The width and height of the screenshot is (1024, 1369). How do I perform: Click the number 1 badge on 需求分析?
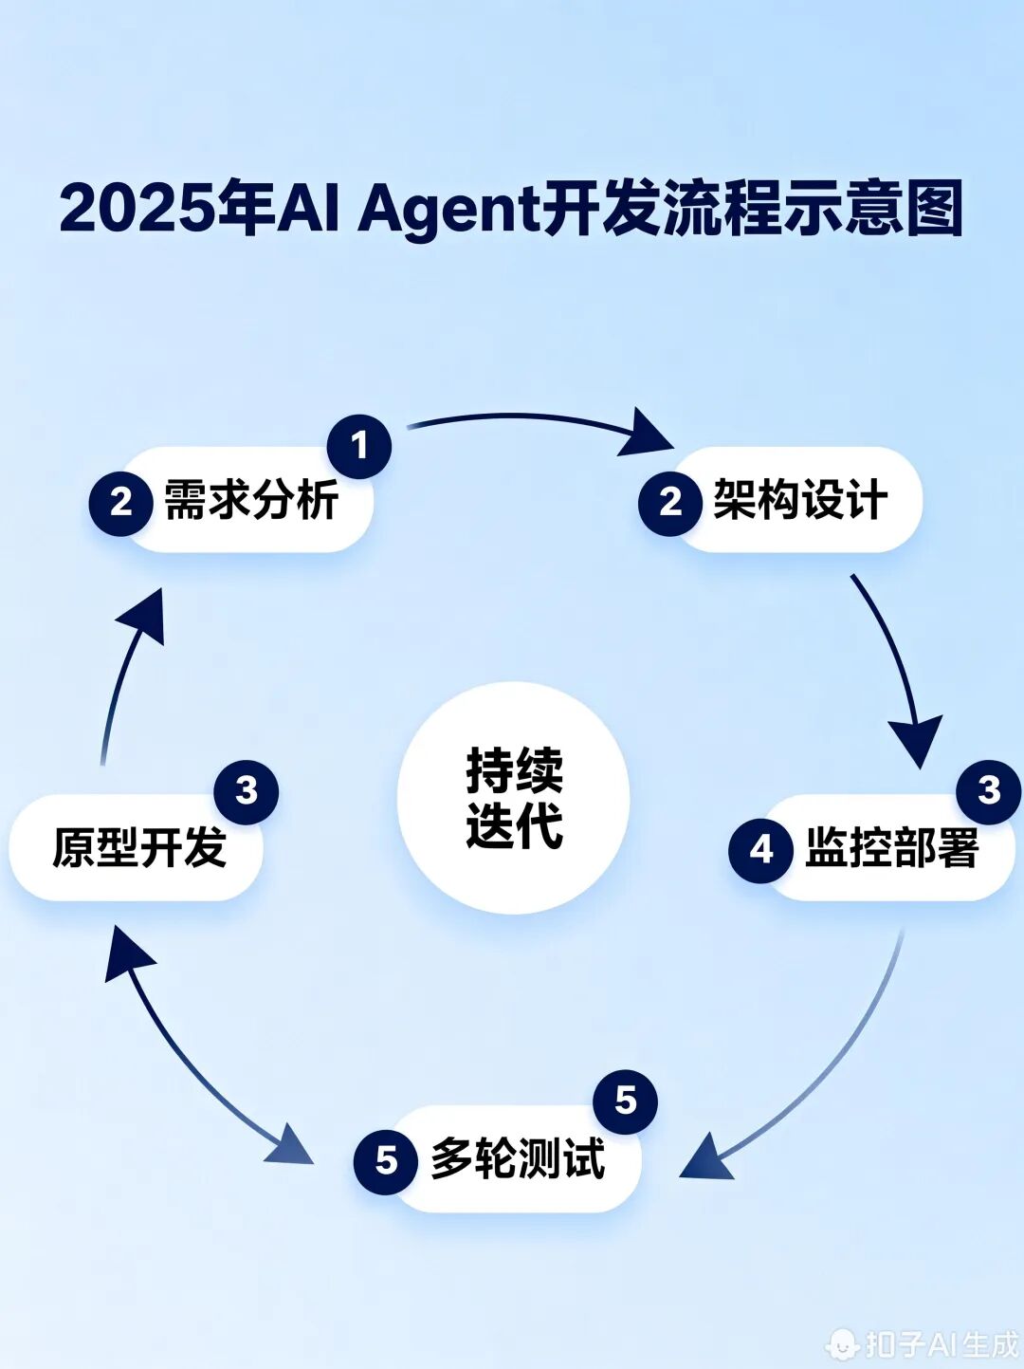tap(359, 446)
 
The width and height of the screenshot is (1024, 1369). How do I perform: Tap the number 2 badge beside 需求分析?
tap(121, 503)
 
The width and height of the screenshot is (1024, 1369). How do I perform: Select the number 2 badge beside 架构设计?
tap(670, 503)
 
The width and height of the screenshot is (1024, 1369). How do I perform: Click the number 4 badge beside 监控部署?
tap(761, 850)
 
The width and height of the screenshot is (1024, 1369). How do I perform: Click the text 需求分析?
tap(251, 500)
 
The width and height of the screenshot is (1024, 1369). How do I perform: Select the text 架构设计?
tap(800, 500)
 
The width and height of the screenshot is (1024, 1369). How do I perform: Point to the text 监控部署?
tap(891, 848)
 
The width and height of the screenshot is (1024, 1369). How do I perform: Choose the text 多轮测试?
tap(518, 1159)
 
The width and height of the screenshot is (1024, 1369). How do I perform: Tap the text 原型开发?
tap(139, 848)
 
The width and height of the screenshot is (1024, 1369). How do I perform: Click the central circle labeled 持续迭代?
tap(513, 798)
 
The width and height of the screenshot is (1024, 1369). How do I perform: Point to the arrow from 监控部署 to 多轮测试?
tap(815, 1072)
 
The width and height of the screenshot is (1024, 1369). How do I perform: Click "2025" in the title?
tap(137, 209)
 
